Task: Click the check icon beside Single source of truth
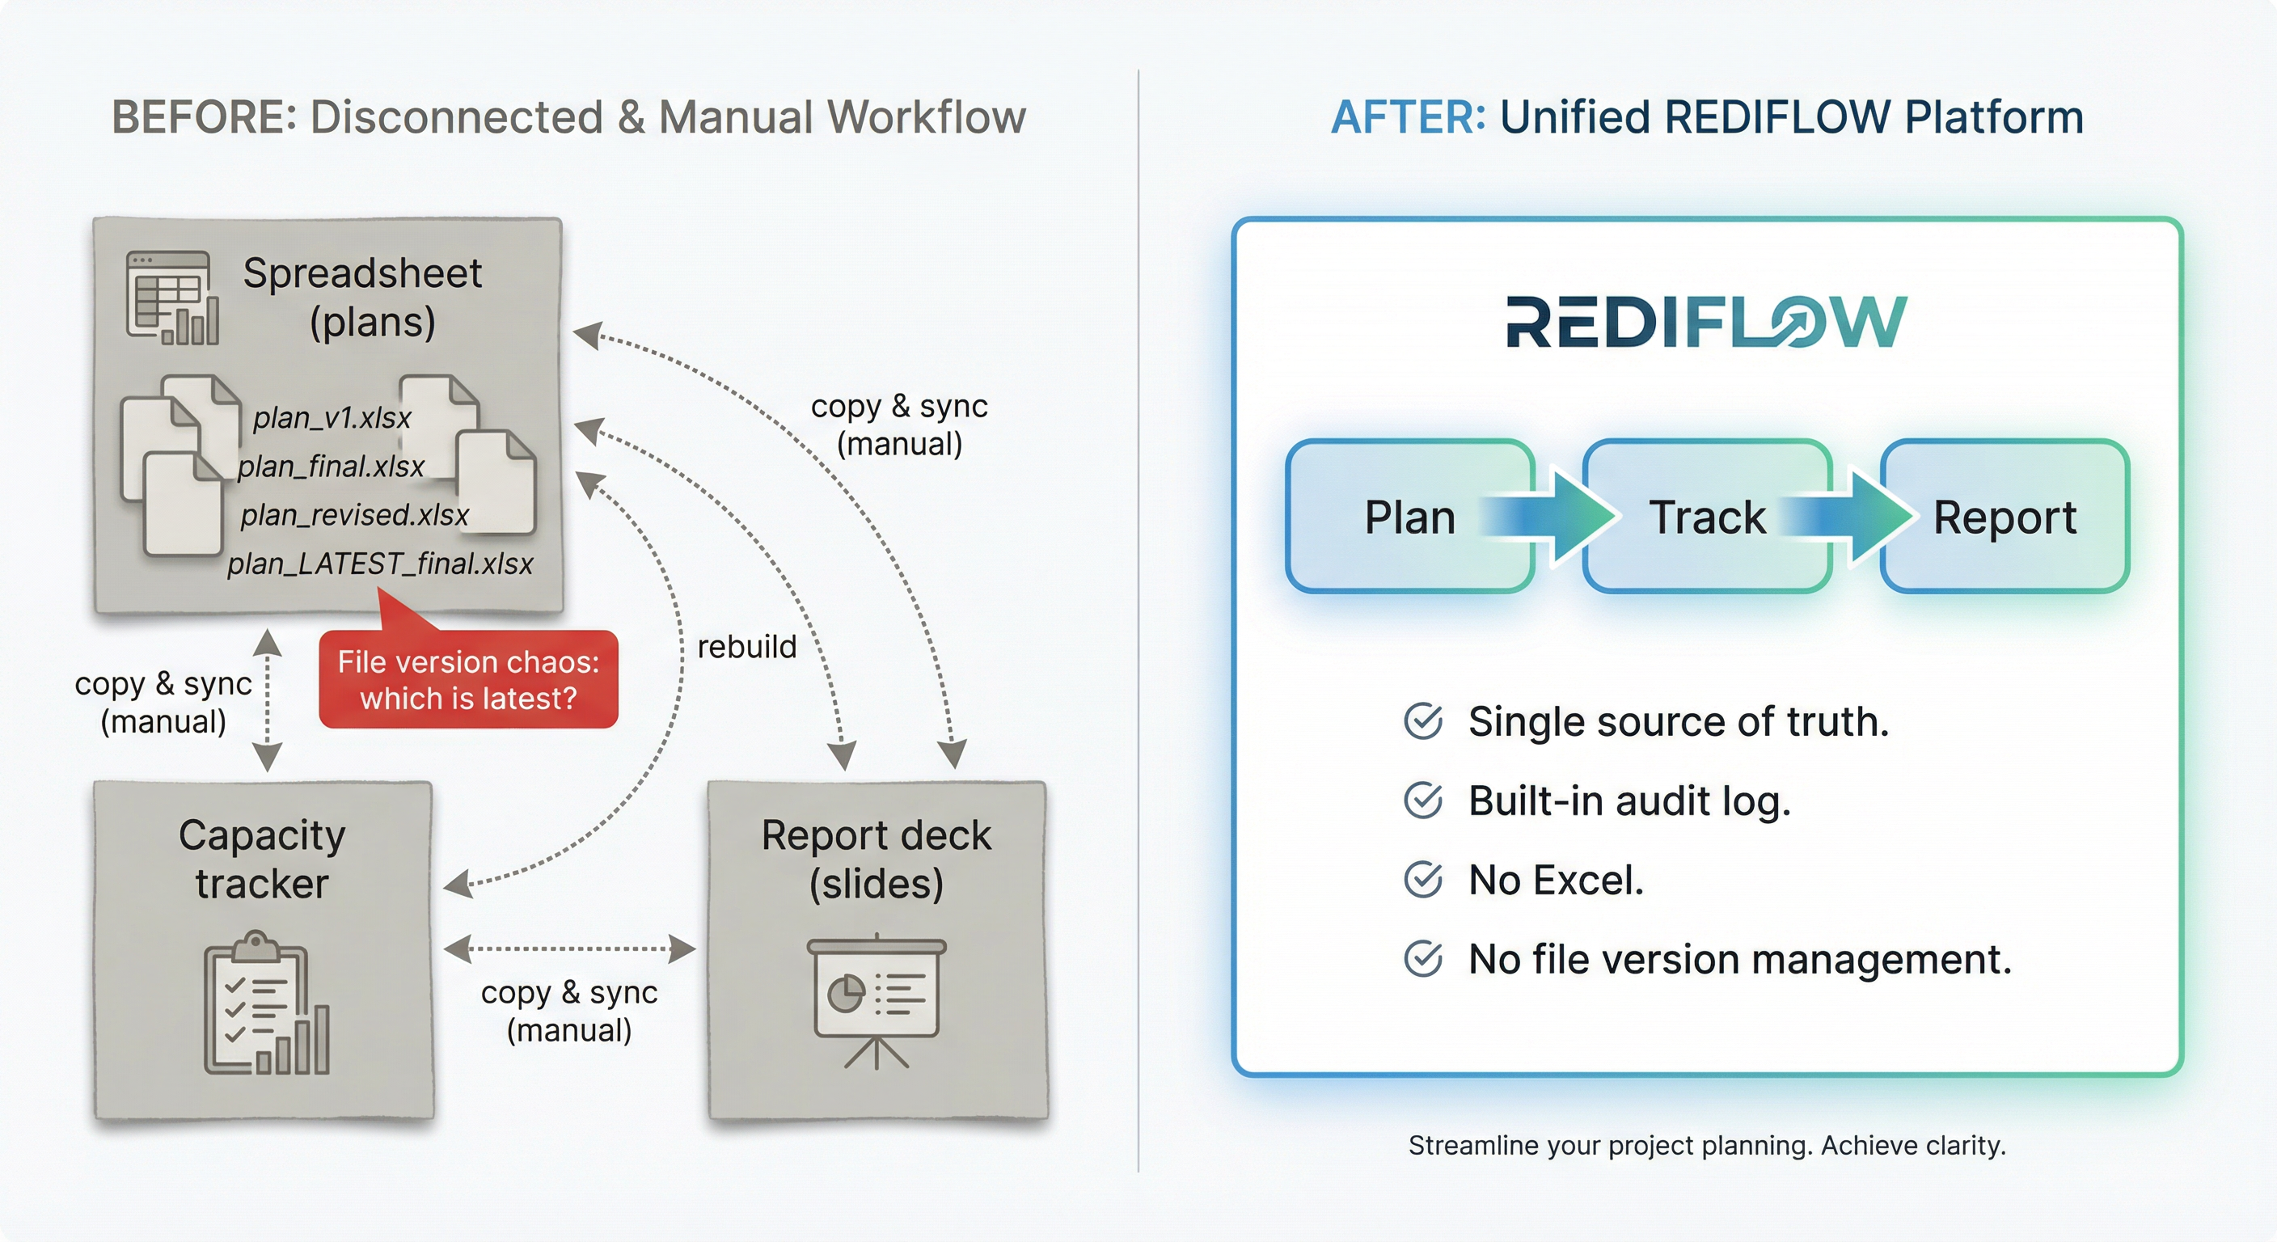click(1423, 721)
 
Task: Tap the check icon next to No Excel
click(1423, 880)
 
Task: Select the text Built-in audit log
click(1629, 801)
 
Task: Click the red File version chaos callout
click(467, 680)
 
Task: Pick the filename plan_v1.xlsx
click(332, 417)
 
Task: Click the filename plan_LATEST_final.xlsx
click(380, 564)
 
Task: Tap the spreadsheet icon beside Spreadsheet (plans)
click(172, 298)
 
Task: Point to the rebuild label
click(747, 647)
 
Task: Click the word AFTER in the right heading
click(1408, 117)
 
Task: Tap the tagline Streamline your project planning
click(1706, 1146)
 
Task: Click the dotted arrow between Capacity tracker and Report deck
click(569, 949)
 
